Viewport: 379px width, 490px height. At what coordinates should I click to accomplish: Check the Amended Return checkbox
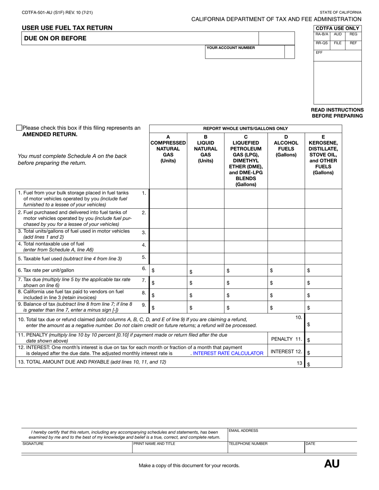coord(19,128)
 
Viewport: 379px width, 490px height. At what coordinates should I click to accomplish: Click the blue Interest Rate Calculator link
coord(228,353)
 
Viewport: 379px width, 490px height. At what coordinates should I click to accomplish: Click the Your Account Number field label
coord(231,48)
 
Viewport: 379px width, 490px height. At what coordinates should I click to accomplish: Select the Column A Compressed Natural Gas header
coord(168,149)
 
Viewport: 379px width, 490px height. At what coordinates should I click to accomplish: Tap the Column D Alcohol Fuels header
coord(286,146)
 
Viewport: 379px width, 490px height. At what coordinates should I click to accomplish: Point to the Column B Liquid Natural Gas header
coord(205,149)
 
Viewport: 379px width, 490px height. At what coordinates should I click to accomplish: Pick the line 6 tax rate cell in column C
coord(246,270)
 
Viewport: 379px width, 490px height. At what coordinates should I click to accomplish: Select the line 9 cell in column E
coord(324,308)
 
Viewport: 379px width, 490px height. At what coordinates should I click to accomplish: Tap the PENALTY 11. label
coord(286,339)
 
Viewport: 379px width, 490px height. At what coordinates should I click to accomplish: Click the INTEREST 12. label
coord(286,351)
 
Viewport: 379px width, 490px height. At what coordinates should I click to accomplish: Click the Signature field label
coord(33,443)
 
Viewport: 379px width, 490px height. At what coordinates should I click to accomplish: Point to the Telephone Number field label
coord(248,443)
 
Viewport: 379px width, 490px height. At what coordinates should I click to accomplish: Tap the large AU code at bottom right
coord(332,464)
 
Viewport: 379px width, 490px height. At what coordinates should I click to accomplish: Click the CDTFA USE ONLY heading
coord(338,28)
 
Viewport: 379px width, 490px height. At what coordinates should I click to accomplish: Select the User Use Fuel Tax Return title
coord(67,28)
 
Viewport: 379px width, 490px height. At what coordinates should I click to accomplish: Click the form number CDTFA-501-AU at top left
coord(57,12)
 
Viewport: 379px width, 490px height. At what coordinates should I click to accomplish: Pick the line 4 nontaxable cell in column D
coord(286,247)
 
